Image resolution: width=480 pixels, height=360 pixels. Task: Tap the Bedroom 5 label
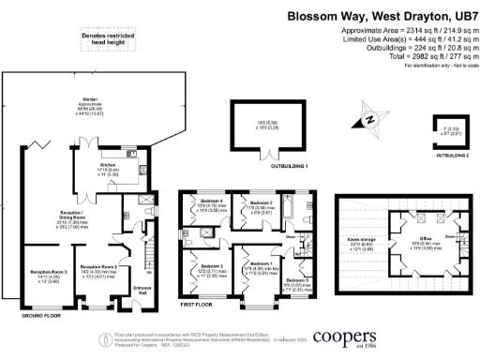tap(296, 280)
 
